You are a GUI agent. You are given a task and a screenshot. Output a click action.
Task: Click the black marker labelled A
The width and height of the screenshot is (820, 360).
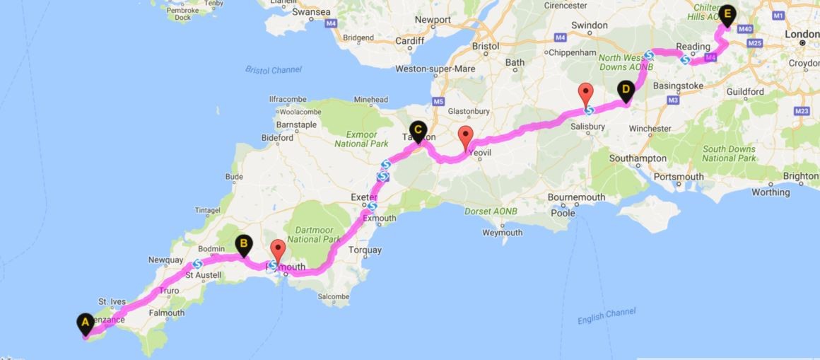(85, 323)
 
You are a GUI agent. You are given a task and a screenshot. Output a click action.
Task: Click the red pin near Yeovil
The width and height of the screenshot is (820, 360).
(465, 135)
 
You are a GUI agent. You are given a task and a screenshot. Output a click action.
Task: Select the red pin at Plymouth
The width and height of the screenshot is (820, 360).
(278, 250)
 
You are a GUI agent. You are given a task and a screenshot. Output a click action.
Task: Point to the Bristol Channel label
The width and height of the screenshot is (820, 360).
(273, 69)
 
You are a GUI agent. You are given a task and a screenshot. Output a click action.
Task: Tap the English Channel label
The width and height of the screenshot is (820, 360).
(607, 315)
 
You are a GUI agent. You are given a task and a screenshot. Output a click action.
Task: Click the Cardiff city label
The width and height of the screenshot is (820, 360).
(409, 40)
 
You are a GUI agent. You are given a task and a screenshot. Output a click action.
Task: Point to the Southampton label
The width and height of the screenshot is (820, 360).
(637, 158)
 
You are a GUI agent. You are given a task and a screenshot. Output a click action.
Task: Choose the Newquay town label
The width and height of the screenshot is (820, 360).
(166, 260)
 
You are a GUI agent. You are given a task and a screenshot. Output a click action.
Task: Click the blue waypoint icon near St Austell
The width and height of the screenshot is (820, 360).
(198, 265)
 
